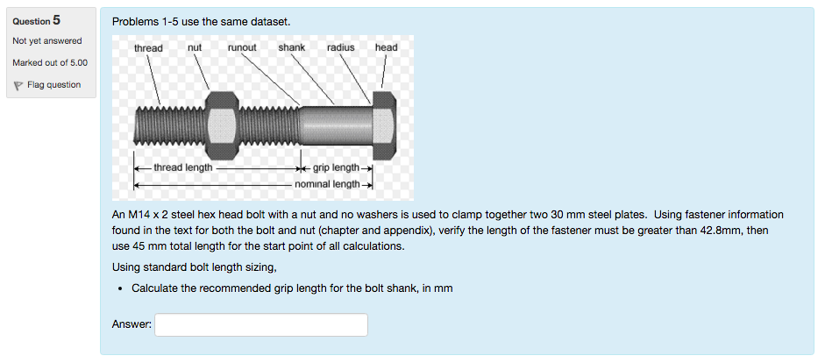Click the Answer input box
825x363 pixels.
[x=261, y=324]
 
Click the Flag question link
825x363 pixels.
[x=54, y=85]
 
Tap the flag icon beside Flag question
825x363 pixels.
[x=18, y=85]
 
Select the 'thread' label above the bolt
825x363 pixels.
[x=148, y=47]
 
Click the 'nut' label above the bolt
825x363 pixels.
[x=195, y=46]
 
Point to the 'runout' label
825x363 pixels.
[x=241, y=46]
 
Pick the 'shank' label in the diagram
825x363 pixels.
[x=291, y=46]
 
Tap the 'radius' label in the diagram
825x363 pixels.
[x=340, y=46]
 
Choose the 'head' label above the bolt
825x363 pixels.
[x=386, y=46]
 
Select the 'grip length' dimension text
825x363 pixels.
[x=335, y=167]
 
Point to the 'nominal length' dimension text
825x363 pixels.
[x=327, y=184]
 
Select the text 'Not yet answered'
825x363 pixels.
[x=47, y=41]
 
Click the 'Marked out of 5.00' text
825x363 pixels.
[x=50, y=63]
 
